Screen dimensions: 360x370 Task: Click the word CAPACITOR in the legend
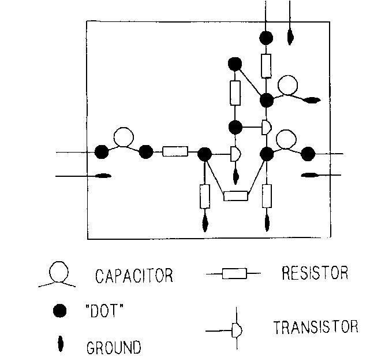click(x=133, y=276)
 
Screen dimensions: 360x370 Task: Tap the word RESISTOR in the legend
click(x=315, y=273)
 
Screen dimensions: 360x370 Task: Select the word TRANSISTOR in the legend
click(x=315, y=327)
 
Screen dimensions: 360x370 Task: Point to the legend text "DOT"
click(x=104, y=311)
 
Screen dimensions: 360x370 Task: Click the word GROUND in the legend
click(x=113, y=348)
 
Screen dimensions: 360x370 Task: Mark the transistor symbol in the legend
click(x=236, y=331)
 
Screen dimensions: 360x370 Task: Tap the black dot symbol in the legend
click(x=59, y=311)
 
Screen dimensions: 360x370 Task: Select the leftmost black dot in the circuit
click(x=102, y=153)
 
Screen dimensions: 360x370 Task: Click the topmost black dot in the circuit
click(x=266, y=38)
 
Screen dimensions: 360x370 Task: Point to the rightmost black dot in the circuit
click(x=308, y=154)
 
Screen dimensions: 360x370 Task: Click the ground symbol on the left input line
click(x=102, y=176)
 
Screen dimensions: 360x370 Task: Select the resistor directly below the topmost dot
click(x=266, y=65)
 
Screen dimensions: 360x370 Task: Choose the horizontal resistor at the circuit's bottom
click(x=236, y=195)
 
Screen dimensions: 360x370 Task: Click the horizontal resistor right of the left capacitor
click(x=175, y=152)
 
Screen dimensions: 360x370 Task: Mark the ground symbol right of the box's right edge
click(x=311, y=175)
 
